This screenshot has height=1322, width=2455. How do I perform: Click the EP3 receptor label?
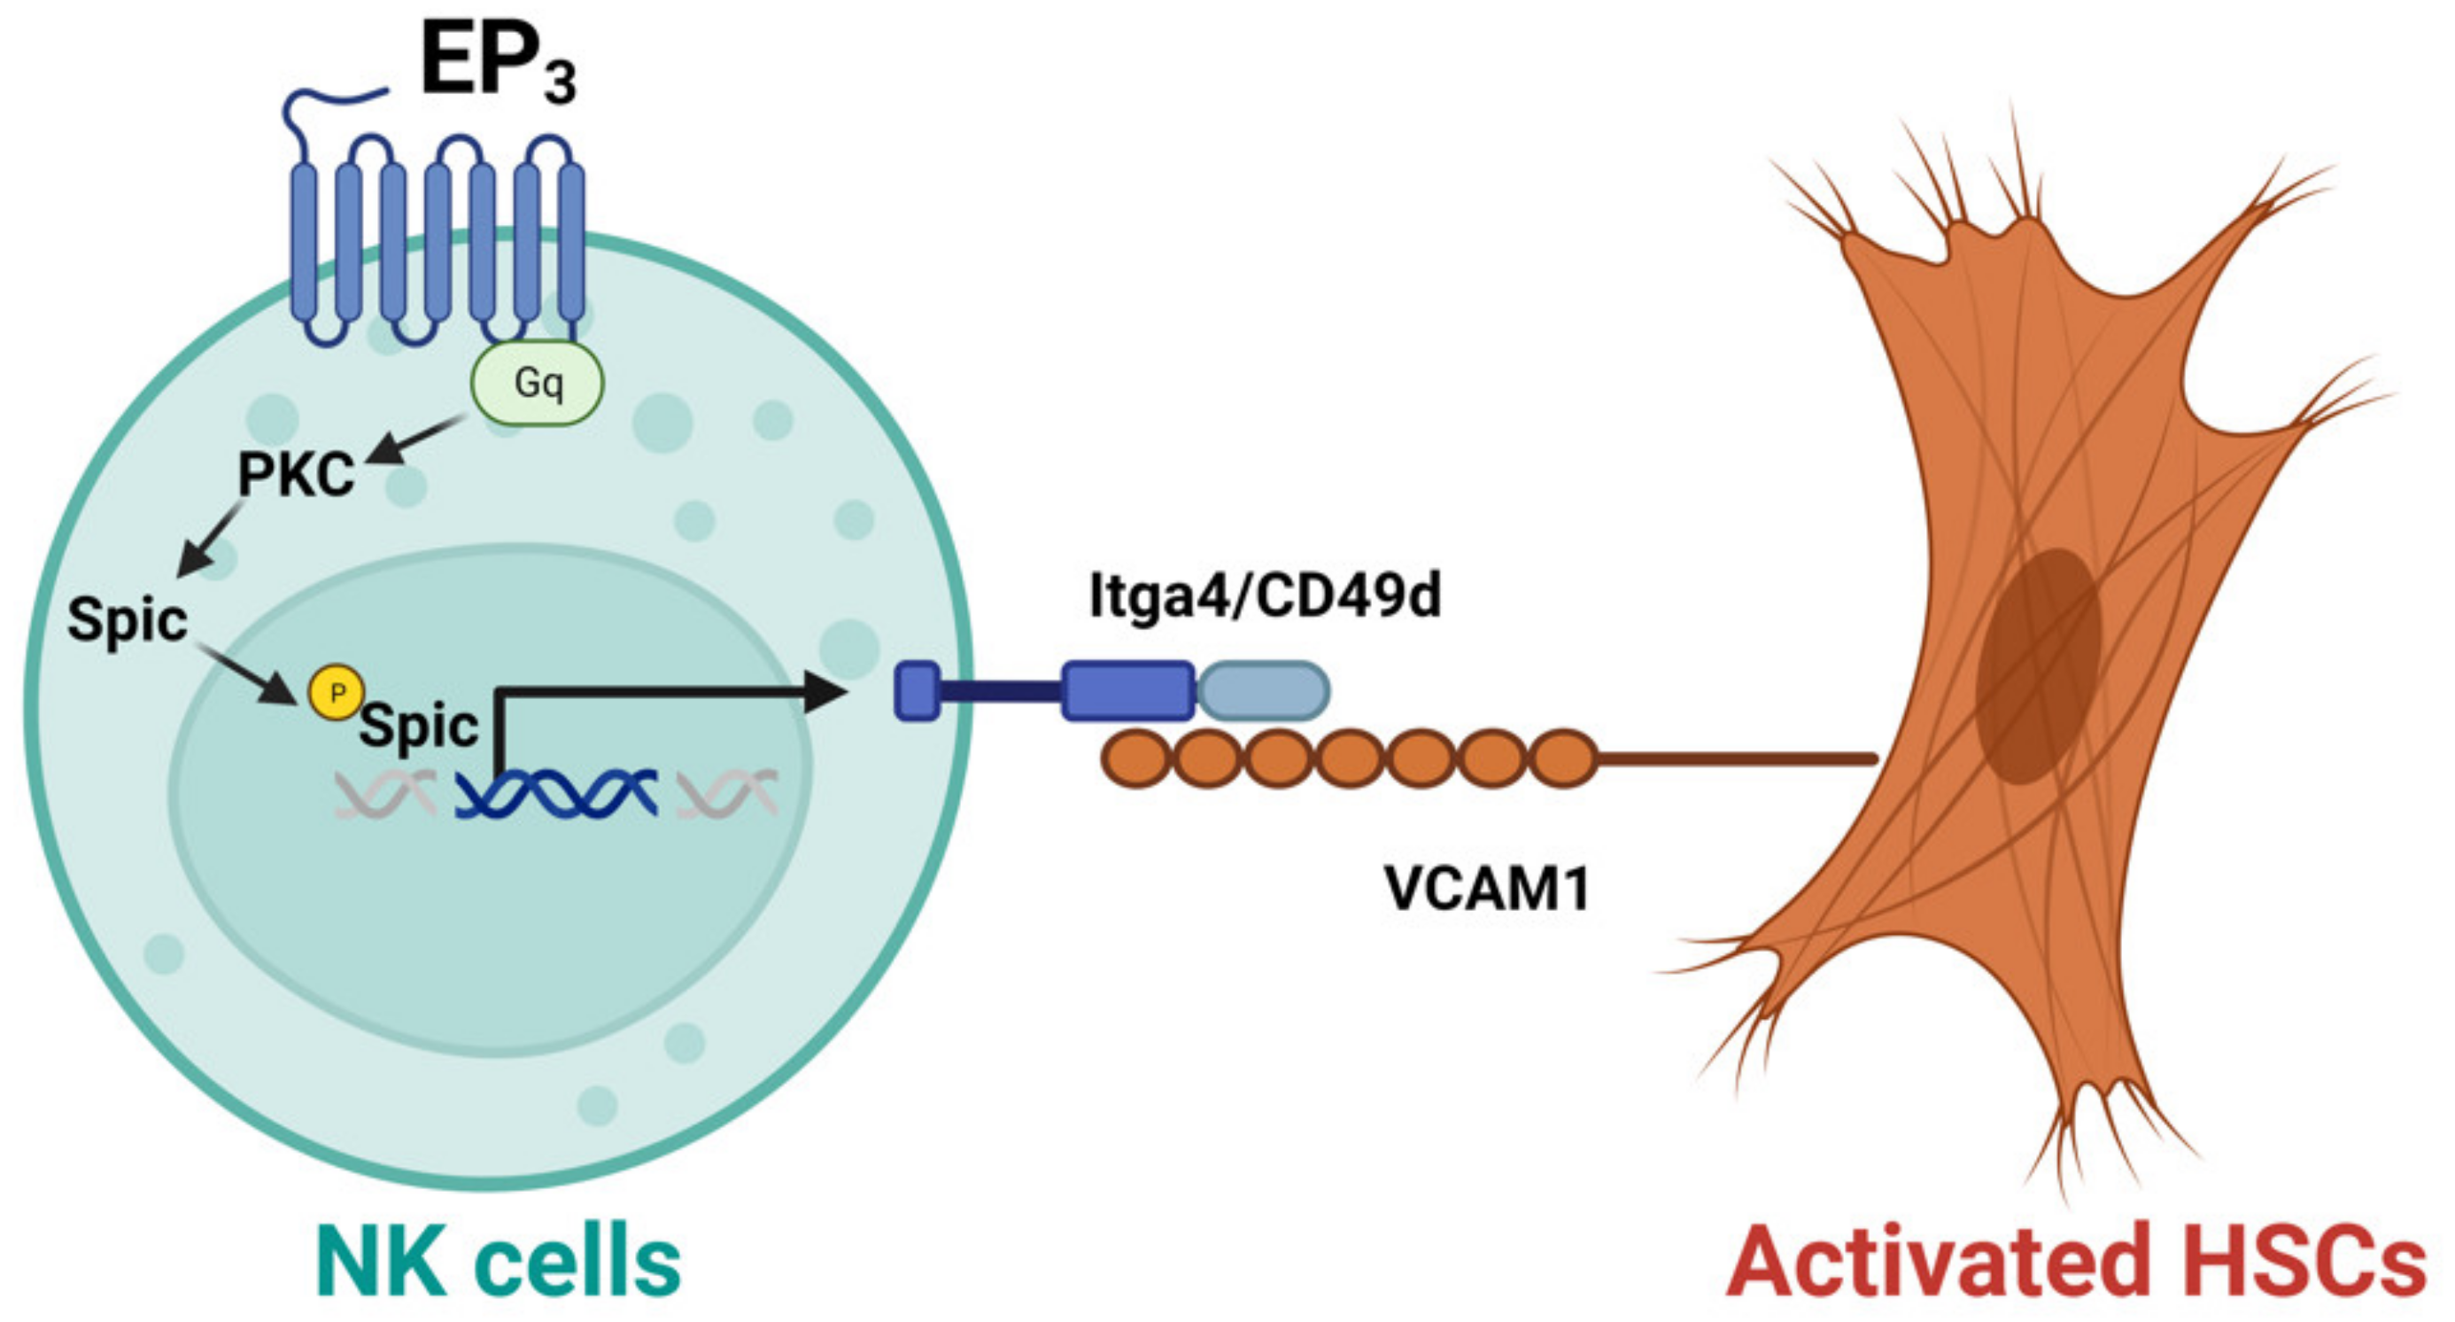499,64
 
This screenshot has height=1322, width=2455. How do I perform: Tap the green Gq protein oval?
538,382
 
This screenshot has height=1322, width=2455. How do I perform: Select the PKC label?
296,475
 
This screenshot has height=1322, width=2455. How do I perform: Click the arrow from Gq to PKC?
416,440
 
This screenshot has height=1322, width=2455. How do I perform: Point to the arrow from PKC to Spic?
210,540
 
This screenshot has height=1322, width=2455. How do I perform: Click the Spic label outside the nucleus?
128,620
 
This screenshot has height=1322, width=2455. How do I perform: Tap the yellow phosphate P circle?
335,693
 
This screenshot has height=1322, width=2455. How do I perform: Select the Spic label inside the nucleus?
418,727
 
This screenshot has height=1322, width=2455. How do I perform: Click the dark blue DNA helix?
556,794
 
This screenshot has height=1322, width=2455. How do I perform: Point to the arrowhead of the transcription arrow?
825,691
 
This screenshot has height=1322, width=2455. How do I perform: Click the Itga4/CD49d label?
1265,596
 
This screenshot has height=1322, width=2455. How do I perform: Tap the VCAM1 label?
1487,890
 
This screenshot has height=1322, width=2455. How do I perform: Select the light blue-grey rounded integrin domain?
1264,691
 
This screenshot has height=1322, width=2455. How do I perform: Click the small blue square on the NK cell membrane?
917,691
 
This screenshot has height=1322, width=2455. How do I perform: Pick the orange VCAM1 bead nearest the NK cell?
1136,758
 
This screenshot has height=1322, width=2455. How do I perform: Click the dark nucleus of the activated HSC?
2038,666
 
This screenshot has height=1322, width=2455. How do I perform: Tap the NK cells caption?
499,1261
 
